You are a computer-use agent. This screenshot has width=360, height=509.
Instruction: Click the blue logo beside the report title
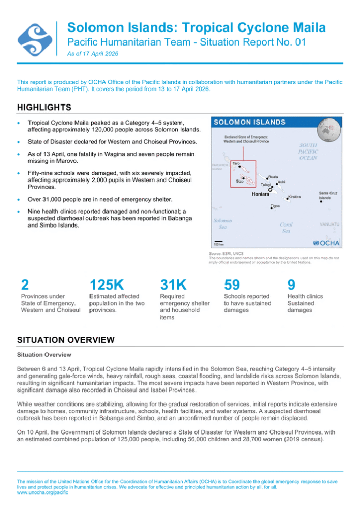pos(35,38)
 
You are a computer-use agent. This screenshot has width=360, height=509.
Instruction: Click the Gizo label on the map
pos(240,182)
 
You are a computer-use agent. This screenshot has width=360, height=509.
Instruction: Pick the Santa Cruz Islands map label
pos(328,196)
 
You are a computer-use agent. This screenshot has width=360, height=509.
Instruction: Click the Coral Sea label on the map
pos(286,228)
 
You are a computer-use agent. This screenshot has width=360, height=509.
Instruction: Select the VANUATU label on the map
pos(329,224)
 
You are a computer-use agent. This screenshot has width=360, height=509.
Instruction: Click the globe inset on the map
pos(328,128)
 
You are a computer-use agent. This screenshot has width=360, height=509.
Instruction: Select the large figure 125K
pos(106,285)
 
